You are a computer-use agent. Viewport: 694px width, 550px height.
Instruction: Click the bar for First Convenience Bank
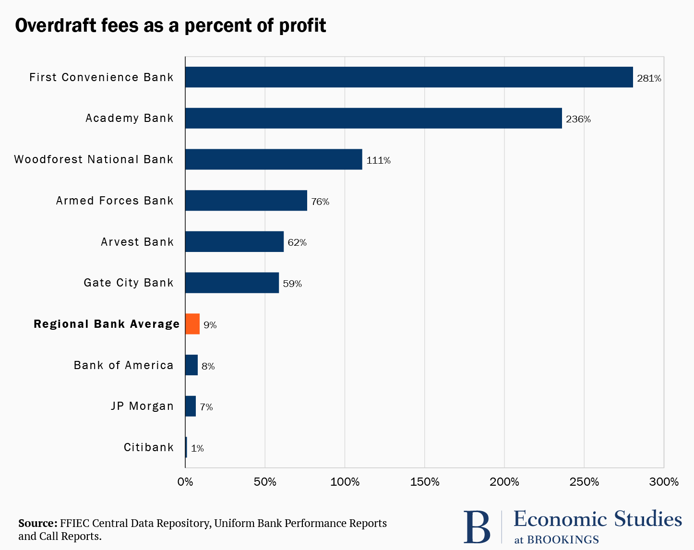409,77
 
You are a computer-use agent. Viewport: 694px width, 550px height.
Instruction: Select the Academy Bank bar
373,118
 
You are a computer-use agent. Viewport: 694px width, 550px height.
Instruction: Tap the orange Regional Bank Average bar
192,324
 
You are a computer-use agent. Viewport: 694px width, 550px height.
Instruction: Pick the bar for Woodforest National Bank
274,159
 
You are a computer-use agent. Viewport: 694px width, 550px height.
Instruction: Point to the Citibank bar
186,447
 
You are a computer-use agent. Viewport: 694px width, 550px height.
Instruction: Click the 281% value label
649,78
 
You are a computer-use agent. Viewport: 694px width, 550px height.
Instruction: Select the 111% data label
378,160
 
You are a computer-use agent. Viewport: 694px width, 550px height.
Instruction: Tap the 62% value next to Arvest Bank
297,242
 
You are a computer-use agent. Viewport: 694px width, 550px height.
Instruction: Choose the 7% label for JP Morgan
206,407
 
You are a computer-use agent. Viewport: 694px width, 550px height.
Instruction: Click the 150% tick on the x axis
425,482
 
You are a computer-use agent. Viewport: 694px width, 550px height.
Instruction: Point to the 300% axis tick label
664,482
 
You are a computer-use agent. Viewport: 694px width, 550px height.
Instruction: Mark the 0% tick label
185,482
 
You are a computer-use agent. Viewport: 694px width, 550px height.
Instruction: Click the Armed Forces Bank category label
114,201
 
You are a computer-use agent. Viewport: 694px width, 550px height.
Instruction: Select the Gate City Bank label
128,283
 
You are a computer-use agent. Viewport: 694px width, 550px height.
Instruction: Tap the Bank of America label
123,365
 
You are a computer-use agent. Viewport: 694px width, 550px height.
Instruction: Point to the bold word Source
37,523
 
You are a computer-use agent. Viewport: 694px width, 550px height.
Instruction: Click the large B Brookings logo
477,527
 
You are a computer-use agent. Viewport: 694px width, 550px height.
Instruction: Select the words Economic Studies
598,519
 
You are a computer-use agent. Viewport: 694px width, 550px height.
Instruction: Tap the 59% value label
292,284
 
